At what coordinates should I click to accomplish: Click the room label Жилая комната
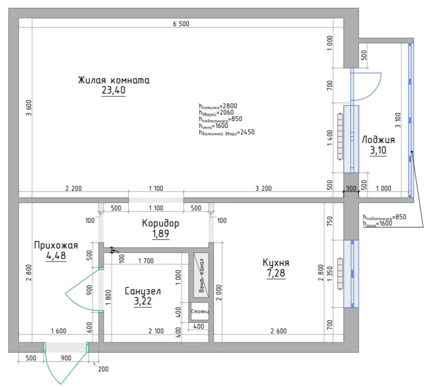114,80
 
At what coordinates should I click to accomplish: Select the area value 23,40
113,90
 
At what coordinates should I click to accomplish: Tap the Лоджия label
378,140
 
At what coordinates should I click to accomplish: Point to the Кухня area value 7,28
276,273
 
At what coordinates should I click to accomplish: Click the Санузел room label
143,291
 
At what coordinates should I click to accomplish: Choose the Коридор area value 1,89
161,234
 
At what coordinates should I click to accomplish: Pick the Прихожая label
56,245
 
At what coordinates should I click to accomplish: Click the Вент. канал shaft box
201,275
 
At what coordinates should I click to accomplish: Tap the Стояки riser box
200,311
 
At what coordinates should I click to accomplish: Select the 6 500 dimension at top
181,24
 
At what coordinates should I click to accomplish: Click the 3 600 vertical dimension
29,108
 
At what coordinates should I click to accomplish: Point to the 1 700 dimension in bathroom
146,261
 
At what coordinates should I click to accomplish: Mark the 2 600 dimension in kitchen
278,331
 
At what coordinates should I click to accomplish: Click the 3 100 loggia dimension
397,120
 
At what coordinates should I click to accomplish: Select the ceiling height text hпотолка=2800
218,106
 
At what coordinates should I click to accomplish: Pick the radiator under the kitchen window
340,274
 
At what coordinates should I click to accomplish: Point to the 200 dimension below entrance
103,369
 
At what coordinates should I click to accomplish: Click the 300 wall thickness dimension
351,188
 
